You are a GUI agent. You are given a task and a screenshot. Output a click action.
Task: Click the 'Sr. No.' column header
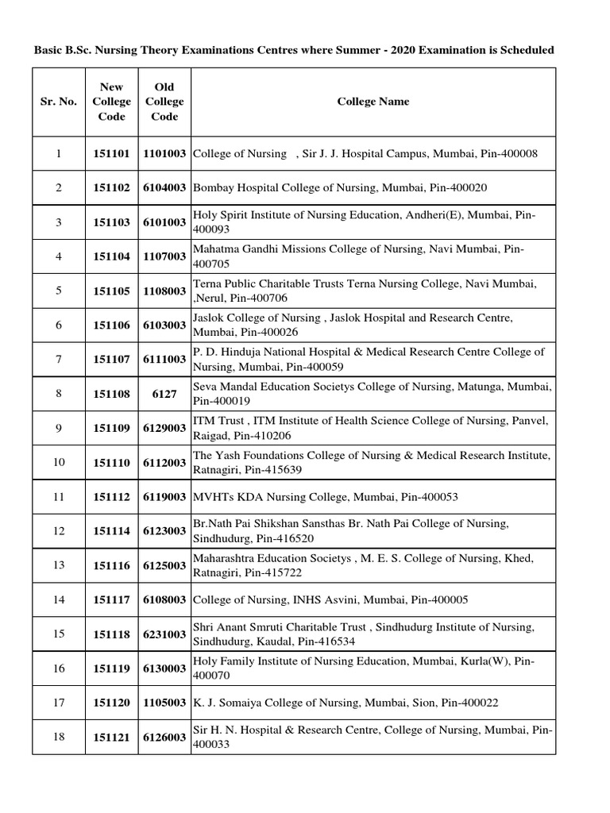tap(58, 102)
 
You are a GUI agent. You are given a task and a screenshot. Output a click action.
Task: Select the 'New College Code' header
tap(111, 102)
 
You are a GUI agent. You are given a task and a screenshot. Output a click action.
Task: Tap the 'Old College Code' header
tap(164, 102)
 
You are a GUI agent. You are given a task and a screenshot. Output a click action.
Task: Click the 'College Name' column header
tap(373, 102)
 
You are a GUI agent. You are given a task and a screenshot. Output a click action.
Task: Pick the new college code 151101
tap(111, 153)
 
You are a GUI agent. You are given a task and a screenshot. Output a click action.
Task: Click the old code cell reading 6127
tap(164, 394)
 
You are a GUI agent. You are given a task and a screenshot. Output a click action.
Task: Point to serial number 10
tap(58, 462)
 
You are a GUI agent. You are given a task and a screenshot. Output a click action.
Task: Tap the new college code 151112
tap(111, 497)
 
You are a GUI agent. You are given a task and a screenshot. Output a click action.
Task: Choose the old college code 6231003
tap(164, 634)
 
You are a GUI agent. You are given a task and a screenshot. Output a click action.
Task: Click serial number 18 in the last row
tap(58, 737)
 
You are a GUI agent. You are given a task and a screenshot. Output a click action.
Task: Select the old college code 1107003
tap(164, 256)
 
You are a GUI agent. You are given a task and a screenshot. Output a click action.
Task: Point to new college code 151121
tap(111, 738)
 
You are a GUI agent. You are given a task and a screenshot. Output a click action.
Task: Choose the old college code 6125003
tap(164, 566)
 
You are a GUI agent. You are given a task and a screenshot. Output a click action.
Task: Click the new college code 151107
tap(111, 360)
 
